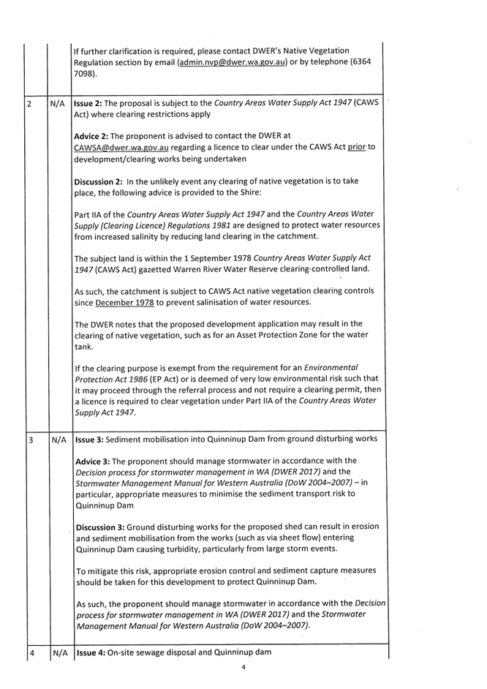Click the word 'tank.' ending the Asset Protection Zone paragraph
tap(85, 347)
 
